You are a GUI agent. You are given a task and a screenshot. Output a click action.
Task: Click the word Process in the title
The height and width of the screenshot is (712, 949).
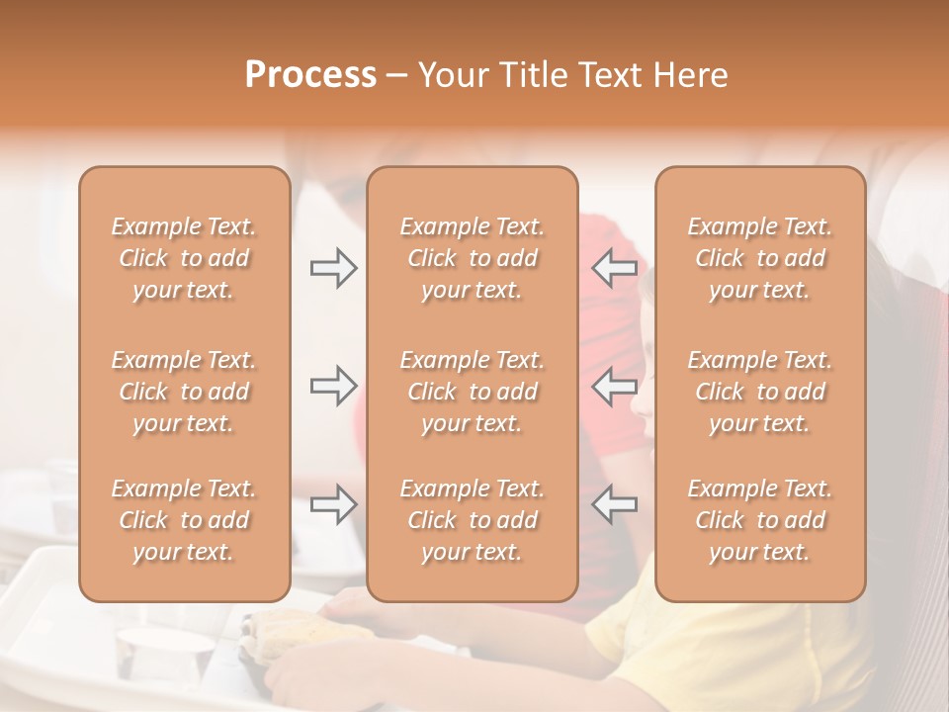310,75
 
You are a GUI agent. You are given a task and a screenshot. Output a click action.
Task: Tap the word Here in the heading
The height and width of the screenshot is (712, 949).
690,75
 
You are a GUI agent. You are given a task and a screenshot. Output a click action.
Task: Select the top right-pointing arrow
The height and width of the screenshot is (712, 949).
333,268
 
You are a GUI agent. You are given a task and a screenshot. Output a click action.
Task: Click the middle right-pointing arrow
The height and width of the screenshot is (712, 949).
333,386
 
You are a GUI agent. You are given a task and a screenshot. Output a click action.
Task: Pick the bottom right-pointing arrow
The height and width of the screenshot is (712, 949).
333,504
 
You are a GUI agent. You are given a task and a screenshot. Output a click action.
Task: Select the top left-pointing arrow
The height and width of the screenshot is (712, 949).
614,268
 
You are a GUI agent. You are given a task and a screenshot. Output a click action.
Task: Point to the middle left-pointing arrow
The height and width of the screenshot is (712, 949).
614,386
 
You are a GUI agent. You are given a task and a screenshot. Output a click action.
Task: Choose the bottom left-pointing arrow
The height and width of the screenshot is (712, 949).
614,504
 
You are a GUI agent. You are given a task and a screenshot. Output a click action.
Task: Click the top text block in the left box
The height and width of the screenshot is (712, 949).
184,258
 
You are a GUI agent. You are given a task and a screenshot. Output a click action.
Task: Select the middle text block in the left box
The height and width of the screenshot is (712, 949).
184,392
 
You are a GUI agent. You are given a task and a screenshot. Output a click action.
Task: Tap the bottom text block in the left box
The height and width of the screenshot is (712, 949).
184,520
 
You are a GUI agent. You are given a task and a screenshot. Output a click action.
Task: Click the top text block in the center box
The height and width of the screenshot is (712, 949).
473,258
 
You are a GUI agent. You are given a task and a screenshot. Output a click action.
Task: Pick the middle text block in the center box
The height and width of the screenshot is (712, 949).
473,392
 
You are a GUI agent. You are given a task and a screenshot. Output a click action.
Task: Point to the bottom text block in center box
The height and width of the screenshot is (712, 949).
473,520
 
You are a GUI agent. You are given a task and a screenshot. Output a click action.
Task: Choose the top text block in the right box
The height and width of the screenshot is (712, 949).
760,258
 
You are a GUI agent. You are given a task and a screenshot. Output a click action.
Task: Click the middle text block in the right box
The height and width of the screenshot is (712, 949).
760,392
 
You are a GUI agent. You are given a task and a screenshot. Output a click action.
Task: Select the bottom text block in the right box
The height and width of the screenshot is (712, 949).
760,520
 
